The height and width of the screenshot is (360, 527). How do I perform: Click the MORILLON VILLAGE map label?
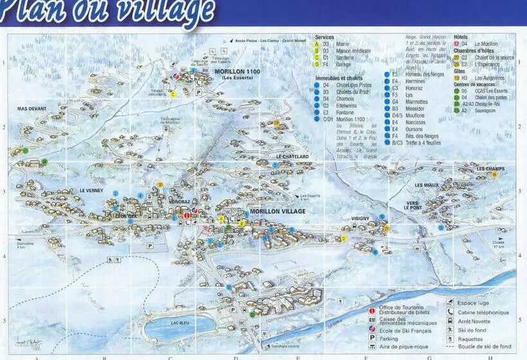tap(278, 212)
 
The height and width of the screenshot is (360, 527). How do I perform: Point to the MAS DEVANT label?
tap(32, 109)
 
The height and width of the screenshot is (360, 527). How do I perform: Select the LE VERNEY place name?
tap(92, 191)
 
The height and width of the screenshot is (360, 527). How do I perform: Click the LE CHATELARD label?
tap(292, 156)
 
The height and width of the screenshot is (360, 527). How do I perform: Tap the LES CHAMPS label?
tap(490, 169)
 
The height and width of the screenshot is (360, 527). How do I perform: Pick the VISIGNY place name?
tap(360, 219)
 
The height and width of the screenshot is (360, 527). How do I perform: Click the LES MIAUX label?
tap(427, 185)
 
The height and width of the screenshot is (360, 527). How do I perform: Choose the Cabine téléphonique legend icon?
tap(452, 312)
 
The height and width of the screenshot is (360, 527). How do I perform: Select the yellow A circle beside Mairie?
tap(317, 44)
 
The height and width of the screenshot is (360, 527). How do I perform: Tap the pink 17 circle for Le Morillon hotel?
tap(456, 44)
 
